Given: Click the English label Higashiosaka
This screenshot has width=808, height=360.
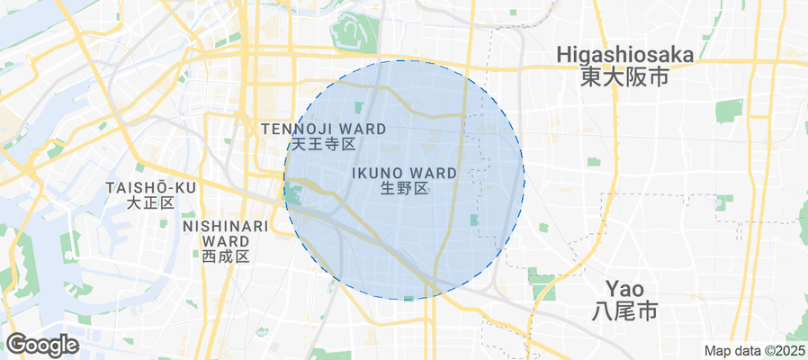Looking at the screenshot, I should coord(625,55).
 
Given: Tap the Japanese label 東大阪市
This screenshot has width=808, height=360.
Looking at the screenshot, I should coord(625,77).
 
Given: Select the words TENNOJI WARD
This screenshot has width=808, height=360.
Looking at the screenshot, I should coord(311,129).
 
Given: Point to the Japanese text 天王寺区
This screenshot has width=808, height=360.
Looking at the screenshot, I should coord(324,144).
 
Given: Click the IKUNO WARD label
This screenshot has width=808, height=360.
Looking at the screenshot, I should coord(404,172).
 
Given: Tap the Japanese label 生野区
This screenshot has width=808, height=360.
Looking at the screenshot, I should coord(404,188).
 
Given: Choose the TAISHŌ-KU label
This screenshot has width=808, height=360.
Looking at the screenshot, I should coord(150,186).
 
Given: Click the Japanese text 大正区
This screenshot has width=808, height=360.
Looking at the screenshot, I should coord(150,202).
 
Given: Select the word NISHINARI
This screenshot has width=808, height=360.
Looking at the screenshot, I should coord(226,226).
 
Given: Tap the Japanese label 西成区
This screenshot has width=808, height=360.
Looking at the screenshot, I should coord(226,256).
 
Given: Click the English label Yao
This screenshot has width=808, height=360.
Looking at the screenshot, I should coord(624,289).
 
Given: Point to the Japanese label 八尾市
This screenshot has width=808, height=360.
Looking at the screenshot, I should coord(624,311).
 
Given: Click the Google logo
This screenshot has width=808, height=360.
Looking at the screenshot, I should coord(42,344).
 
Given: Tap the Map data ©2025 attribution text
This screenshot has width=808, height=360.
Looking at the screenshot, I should coord(754,351).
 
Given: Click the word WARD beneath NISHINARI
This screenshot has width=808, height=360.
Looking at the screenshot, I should coord(226,241).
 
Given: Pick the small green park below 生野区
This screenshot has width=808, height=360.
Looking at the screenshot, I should coord(474,220).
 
